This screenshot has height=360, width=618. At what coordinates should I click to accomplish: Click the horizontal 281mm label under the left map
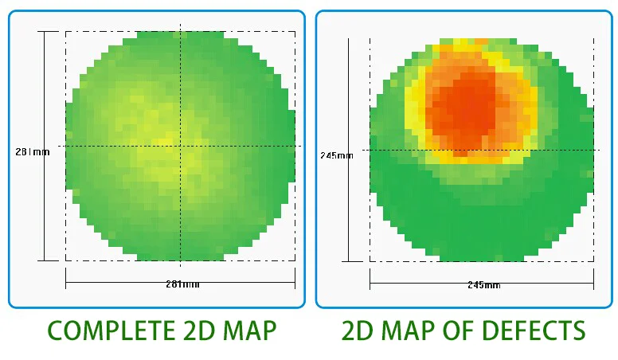click(182, 284)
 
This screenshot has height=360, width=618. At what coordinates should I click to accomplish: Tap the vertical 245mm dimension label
click(335, 155)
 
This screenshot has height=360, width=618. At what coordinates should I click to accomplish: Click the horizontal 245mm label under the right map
click(483, 285)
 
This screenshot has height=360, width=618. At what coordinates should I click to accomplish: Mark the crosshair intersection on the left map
click(181, 146)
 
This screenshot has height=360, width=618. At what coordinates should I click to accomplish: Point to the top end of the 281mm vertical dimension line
click(49, 32)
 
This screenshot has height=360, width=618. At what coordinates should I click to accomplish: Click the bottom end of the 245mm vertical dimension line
click(350, 260)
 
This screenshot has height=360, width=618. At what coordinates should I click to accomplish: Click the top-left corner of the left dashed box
click(66, 32)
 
